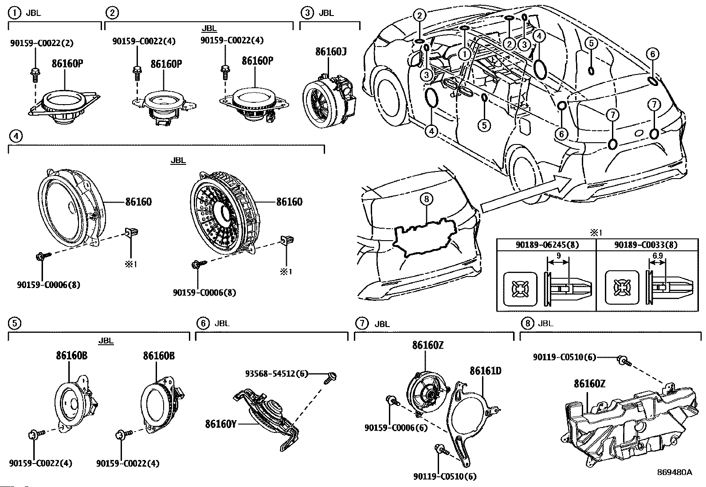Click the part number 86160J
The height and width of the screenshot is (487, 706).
pos(331,52)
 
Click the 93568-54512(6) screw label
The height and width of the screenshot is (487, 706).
pos(276,374)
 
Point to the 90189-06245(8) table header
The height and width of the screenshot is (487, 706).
pos(546,244)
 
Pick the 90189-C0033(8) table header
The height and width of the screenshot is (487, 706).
pos(646,244)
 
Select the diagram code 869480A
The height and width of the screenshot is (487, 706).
pos(674,472)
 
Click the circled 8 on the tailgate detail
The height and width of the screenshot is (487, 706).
pos(426,199)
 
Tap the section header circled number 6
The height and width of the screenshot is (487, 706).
pos(203,323)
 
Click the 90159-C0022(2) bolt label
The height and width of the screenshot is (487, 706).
pos(42,43)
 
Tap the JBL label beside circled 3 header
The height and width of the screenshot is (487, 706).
pos(326,13)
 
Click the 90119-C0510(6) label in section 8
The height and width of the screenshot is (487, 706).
pos(565,357)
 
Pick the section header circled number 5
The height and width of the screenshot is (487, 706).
pos(15,323)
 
